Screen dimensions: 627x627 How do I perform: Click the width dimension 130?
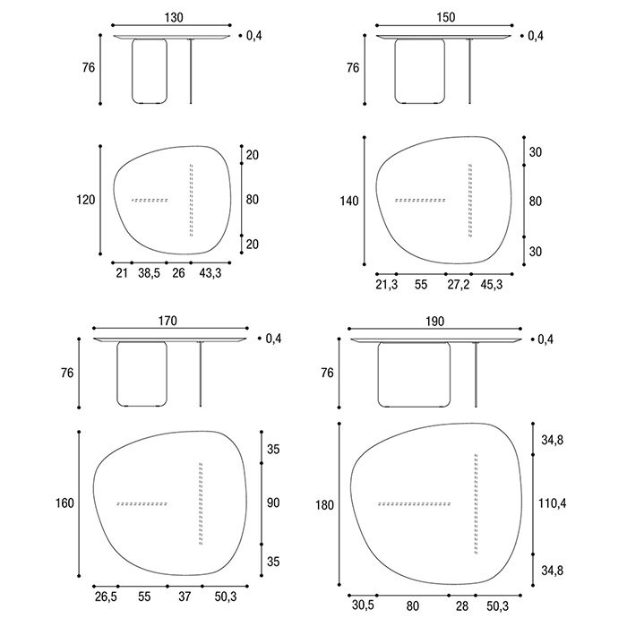[174, 17]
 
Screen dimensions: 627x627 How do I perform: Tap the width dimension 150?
[445, 17]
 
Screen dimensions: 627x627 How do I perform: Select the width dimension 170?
[167, 321]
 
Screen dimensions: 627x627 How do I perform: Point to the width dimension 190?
[435, 322]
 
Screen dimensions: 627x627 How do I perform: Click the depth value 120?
[86, 199]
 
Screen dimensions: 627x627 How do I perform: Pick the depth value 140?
[349, 201]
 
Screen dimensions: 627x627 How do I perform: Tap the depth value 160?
[64, 502]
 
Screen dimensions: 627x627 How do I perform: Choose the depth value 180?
[324, 505]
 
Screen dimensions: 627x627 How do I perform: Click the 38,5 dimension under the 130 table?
[150, 273]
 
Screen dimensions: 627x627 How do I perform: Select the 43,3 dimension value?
[210, 273]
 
